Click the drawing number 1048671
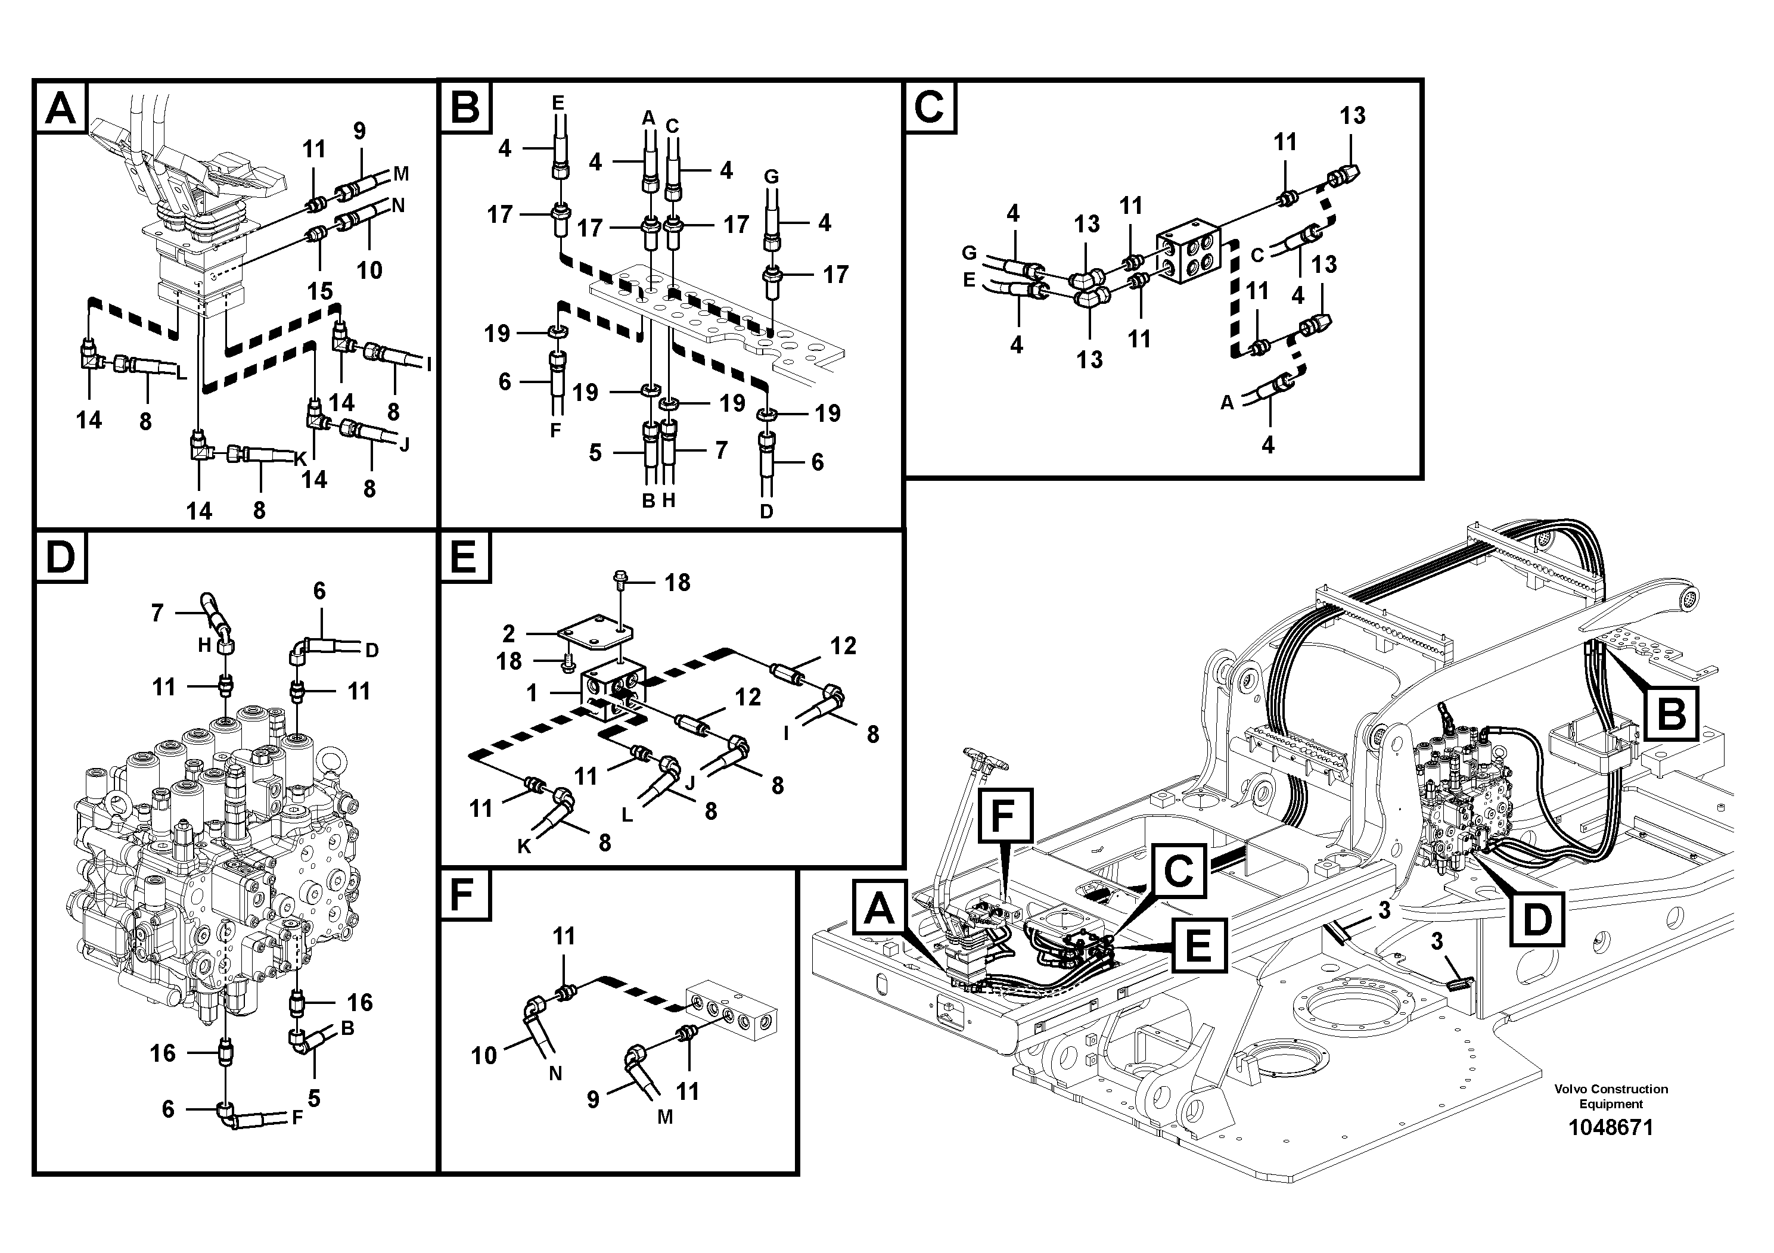pos(1610,1127)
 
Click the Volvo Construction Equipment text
pos(1610,1096)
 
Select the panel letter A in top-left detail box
pos(61,108)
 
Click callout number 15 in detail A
pos(319,291)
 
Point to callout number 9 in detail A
pos(359,130)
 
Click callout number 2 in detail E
pos(508,634)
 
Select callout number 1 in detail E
pos(532,693)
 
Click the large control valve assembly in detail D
pos(216,850)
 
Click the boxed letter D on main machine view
pos(1536,919)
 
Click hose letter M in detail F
pos(664,1117)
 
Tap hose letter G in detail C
pos(968,253)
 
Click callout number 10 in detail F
pos(484,1055)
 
